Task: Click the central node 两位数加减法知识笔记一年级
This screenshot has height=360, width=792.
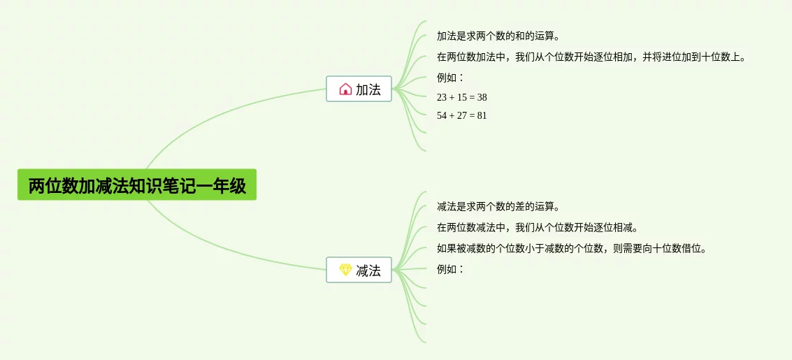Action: click(137, 185)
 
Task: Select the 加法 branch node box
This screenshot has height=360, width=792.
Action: click(359, 89)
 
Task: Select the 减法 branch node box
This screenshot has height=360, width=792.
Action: click(359, 270)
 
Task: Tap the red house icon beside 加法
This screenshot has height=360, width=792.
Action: click(345, 89)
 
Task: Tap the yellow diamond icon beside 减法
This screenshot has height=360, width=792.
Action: click(345, 270)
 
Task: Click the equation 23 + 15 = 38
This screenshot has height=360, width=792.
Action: click(461, 97)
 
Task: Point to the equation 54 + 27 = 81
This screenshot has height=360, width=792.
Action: click(461, 115)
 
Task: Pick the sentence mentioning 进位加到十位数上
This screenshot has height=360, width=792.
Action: click(591, 57)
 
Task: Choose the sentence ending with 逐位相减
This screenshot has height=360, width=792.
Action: click(537, 227)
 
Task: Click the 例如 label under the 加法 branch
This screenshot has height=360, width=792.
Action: click(450, 78)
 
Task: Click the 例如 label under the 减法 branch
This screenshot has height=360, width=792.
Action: click(450, 269)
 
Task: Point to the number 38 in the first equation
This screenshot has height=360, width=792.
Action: click(482, 97)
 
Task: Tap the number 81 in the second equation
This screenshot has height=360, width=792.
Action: click(482, 115)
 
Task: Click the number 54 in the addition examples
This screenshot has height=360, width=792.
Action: click(442, 115)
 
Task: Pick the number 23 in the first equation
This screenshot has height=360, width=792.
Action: click(442, 97)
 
